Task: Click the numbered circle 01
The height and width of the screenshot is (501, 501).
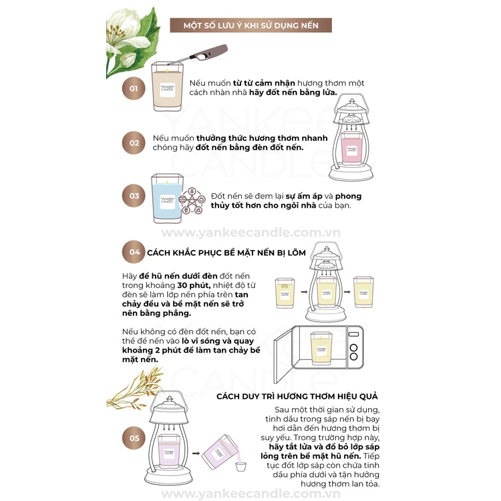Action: [134, 88]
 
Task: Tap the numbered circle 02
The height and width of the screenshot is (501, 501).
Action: [134, 143]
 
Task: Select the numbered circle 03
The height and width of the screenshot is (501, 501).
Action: [134, 196]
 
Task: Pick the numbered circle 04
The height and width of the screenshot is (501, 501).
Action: [134, 252]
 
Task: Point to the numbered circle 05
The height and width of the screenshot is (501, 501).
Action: [134, 438]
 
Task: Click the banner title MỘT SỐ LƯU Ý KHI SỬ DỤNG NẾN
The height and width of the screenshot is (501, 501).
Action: [251, 25]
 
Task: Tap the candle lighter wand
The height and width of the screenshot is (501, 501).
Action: [198, 55]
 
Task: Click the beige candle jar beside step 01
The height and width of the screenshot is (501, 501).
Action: [167, 86]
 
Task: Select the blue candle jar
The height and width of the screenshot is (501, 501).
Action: [167, 198]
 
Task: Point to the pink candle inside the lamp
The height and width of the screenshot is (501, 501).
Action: [351, 148]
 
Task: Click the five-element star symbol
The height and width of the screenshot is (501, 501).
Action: [192, 201]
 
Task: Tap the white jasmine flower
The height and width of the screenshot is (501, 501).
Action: [126, 37]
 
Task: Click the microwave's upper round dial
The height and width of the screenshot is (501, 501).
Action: [353, 347]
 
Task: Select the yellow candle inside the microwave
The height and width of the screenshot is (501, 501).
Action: [321, 349]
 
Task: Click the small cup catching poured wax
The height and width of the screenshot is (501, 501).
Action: [241, 466]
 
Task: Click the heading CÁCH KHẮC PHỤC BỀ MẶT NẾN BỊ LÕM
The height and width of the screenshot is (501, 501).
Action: [226, 253]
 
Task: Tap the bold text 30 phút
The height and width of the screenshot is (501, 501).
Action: [194, 285]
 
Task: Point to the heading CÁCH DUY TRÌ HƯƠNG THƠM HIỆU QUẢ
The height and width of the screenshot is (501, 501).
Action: [297, 396]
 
